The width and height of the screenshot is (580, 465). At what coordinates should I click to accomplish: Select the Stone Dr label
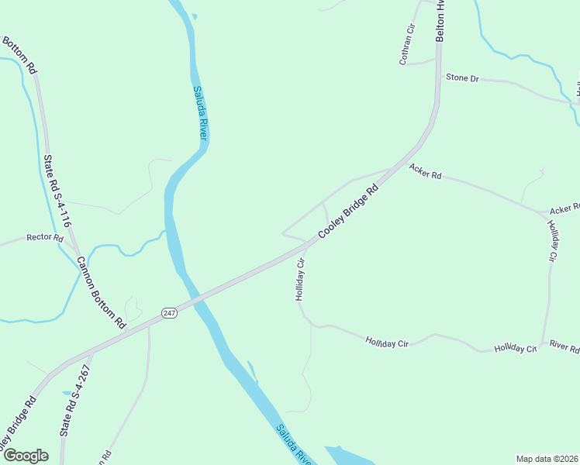(462, 78)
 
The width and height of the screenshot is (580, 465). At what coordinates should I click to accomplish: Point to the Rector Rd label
(44, 238)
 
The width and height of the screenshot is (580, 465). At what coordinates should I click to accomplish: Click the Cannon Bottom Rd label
(101, 291)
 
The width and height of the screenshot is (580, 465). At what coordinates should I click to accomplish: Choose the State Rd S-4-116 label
(57, 191)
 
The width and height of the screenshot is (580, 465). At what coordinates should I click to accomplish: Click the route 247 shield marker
(170, 312)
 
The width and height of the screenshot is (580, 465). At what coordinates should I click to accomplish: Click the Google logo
(26, 456)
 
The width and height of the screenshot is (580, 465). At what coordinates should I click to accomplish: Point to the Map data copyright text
(547, 458)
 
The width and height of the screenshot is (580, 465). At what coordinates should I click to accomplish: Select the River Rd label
(564, 346)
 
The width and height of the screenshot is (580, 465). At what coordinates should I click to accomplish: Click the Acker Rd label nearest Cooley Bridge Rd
(425, 171)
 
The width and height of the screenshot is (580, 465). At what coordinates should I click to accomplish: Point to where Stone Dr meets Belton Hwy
(437, 76)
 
